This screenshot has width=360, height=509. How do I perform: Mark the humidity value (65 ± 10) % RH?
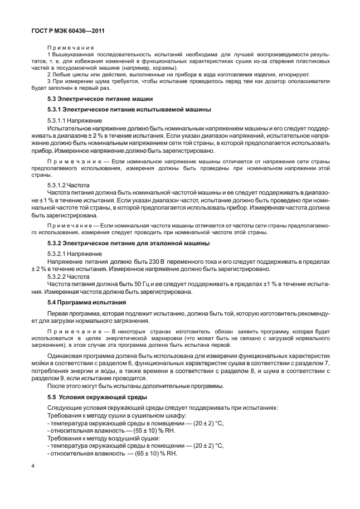click(x=148, y=453)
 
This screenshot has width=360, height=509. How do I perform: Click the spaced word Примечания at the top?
click(x=71, y=48)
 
